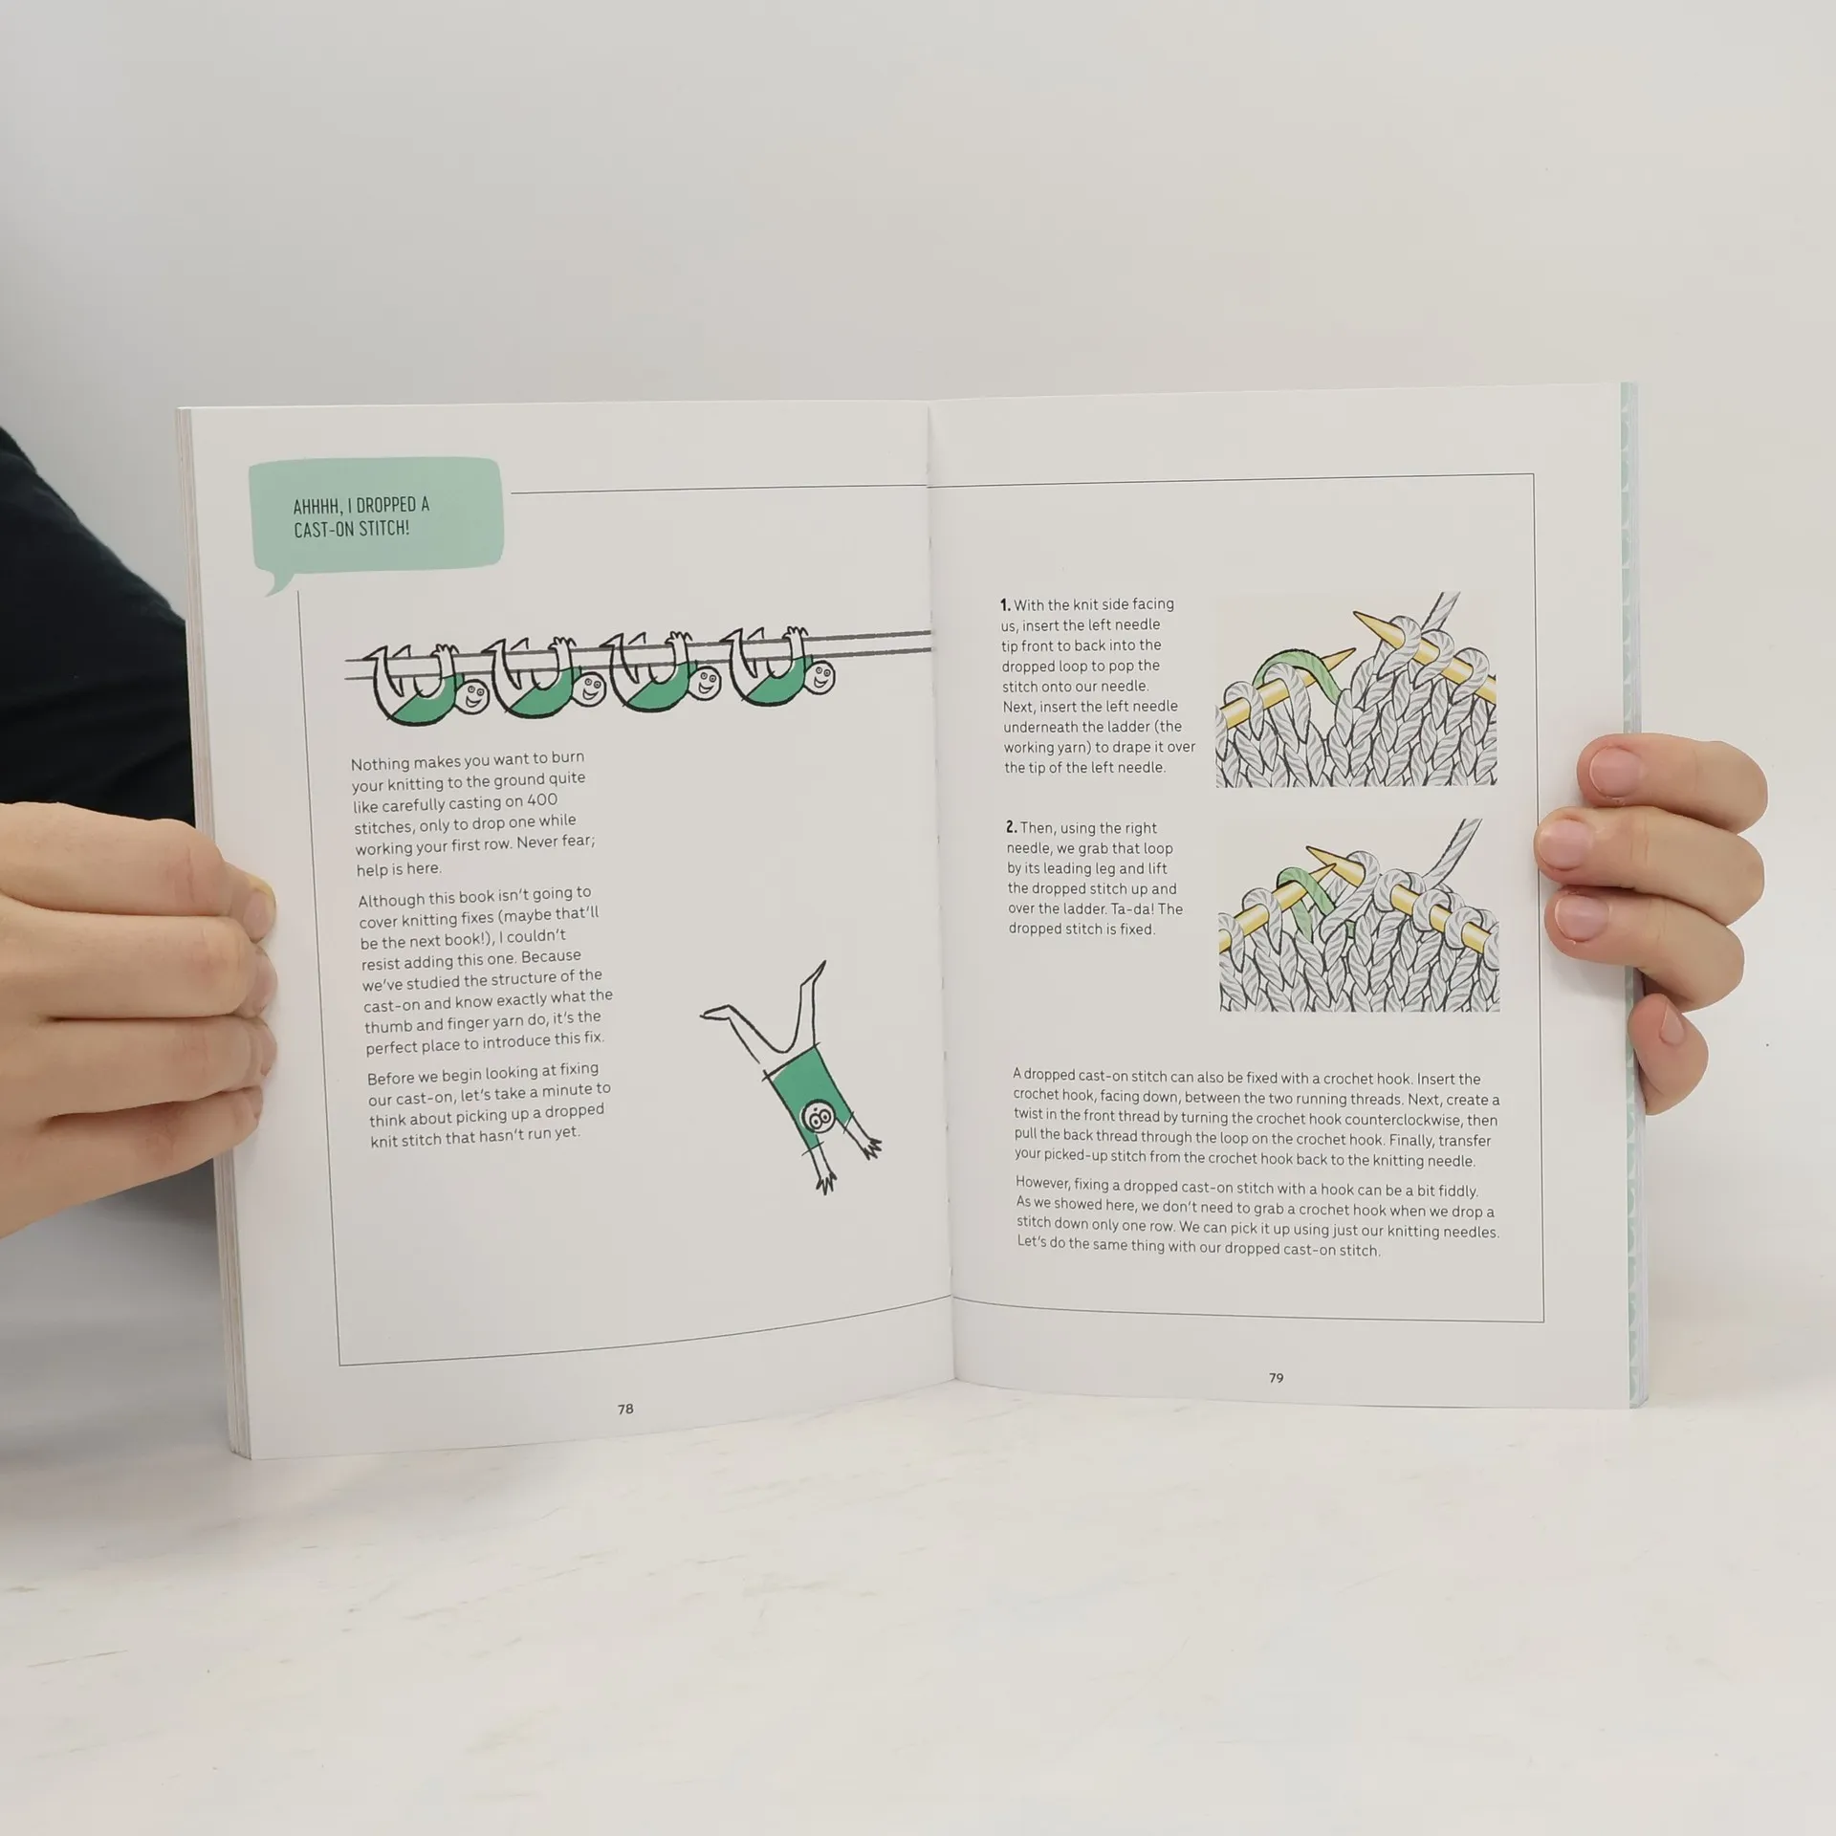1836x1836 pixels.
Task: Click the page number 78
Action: [x=625, y=1409]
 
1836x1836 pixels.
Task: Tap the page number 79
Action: [x=1276, y=1378]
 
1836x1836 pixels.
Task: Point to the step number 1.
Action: [x=1005, y=604]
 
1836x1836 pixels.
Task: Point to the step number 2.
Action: [x=1012, y=828]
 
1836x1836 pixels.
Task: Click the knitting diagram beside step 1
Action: [x=1355, y=689]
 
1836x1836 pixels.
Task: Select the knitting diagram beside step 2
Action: [x=1359, y=915]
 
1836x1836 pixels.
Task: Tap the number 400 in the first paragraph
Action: [x=542, y=800]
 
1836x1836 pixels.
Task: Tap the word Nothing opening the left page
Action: [x=380, y=763]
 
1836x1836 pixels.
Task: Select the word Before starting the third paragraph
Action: [x=390, y=1078]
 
